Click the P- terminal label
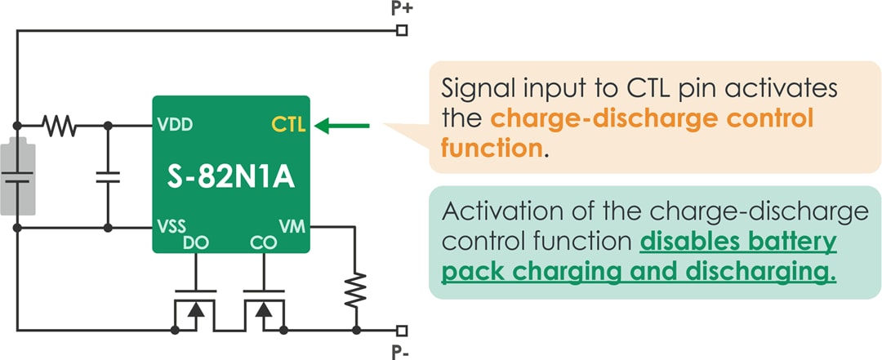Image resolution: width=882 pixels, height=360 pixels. tap(401, 350)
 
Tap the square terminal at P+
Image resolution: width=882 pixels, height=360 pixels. tap(401, 31)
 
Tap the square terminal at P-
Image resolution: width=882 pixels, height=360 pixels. tap(401, 331)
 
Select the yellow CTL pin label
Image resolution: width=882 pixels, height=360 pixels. tap(288, 126)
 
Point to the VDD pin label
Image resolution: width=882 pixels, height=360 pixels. tap(176, 127)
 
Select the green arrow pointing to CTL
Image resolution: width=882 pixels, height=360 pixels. tap(342, 126)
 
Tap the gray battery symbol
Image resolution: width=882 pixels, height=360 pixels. tap(17, 176)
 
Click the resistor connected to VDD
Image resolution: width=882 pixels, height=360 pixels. tap(59, 126)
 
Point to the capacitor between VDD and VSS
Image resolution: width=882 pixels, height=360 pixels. tap(107, 176)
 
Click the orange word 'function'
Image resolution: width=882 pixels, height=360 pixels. tap(491, 149)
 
